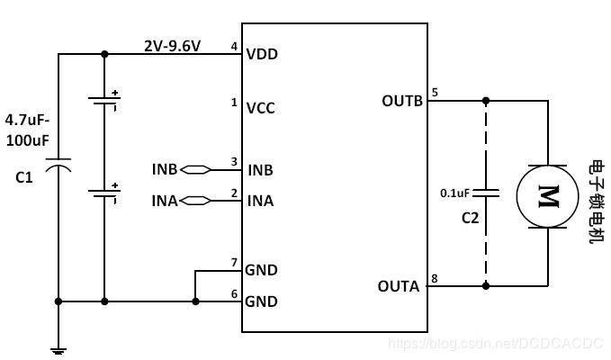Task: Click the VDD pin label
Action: point(262,54)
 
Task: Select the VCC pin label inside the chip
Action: point(261,108)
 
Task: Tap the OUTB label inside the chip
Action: point(402,100)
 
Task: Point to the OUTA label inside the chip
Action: point(399,286)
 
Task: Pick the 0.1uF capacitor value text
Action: point(454,193)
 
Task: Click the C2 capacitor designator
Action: point(470,218)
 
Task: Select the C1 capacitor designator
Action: point(24,178)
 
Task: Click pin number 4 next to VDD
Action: point(234,46)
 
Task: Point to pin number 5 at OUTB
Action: point(435,92)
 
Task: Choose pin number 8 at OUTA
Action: point(435,278)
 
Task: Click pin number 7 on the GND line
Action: point(234,262)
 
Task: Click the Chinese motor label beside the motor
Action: point(596,202)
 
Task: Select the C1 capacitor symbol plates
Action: point(58,167)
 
